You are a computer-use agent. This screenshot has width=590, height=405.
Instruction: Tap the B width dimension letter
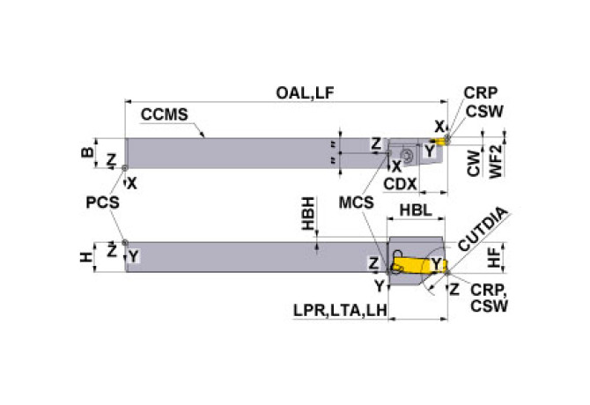tap(85, 151)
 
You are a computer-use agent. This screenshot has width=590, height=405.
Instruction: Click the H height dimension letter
tap(85, 257)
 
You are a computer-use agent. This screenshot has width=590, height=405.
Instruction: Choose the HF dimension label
tap(495, 257)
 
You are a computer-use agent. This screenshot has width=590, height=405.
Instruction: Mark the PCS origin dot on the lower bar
tap(125, 243)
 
